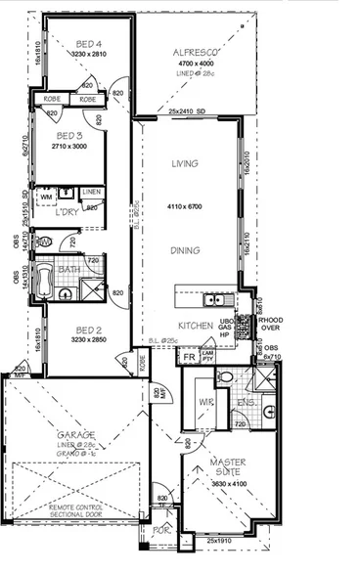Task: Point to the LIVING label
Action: pyautogui.click(x=185, y=164)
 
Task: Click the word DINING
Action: pyautogui.click(x=185, y=250)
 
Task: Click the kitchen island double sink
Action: pyautogui.click(x=217, y=296)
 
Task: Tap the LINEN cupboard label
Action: pyautogui.click(x=92, y=193)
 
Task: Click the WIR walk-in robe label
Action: pyautogui.click(x=205, y=401)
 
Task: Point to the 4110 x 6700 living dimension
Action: pyautogui.click(x=184, y=207)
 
